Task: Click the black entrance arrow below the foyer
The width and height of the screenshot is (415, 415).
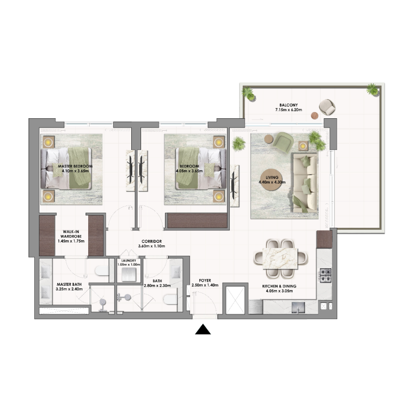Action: pos(203,330)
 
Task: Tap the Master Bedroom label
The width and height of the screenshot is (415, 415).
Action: pos(75,169)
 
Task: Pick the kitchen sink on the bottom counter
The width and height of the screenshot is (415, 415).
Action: pos(299,309)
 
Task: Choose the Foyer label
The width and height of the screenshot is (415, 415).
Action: pos(204,283)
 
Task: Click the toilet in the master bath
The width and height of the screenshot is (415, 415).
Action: pos(102,271)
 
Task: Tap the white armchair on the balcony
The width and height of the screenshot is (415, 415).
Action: pos(327,107)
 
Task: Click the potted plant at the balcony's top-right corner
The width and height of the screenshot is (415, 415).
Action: pos(372,89)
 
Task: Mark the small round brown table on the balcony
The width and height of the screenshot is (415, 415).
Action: pos(314,115)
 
